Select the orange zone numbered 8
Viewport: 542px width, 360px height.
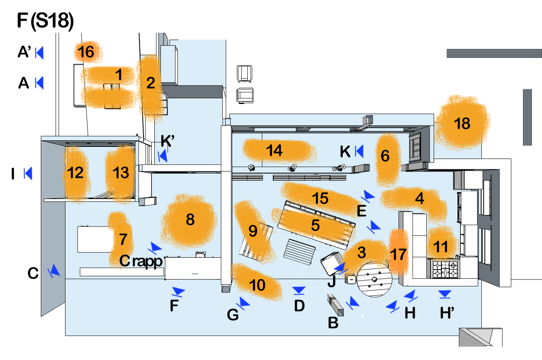coord(190,220)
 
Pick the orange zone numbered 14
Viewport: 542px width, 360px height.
coord(274,150)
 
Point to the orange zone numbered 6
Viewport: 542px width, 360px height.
coord(385,156)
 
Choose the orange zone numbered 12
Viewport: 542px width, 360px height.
coord(76,173)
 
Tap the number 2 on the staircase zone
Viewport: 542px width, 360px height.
coord(151,83)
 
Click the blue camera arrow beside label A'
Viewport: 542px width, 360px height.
coord(39,53)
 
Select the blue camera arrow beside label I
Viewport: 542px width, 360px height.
coord(28,174)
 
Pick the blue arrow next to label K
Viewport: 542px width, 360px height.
coord(359,151)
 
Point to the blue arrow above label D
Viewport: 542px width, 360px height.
coord(299,290)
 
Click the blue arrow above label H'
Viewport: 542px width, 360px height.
coord(445,294)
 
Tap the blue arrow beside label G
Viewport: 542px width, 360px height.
coord(244,303)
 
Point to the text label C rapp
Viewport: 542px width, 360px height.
coord(141,261)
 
